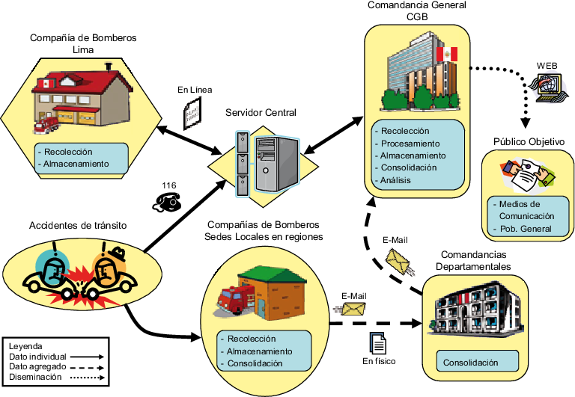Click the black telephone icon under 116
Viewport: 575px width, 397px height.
[168, 200]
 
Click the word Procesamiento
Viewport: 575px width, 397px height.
[409, 143]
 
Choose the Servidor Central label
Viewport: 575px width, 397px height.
[261, 112]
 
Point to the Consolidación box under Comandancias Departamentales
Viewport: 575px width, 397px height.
[471, 363]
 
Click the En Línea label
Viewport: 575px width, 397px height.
[195, 90]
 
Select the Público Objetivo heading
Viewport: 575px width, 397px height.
[529, 141]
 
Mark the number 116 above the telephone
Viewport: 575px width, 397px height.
[169, 184]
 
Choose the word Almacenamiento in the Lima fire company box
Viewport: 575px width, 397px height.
[76, 163]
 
